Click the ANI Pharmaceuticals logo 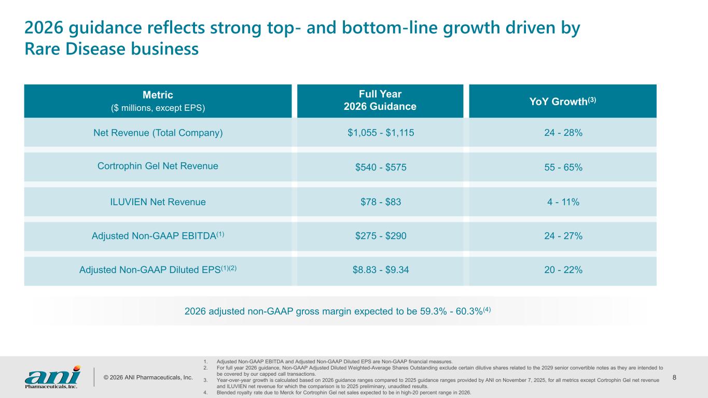pos(52,376)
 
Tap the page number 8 pos(674,377)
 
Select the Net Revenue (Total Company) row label pos(158,133)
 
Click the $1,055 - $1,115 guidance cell pos(381,133)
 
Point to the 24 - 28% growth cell pos(563,133)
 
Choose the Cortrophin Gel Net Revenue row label pos(158,166)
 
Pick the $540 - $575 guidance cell pos(381,167)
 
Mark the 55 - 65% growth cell pos(563,167)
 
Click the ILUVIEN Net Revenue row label pos(158,202)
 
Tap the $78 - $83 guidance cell pos(381,202)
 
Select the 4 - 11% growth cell pos(563,202)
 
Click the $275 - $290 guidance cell pos(381,236)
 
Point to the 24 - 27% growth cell pos(563,236)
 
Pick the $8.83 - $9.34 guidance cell pos(381,270)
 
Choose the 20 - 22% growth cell pos(563,270)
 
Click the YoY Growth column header pos(563,101)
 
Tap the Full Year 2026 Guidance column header pos(380,101)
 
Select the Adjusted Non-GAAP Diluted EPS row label pos(158,270)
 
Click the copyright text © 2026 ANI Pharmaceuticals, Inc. pos(147,377)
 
